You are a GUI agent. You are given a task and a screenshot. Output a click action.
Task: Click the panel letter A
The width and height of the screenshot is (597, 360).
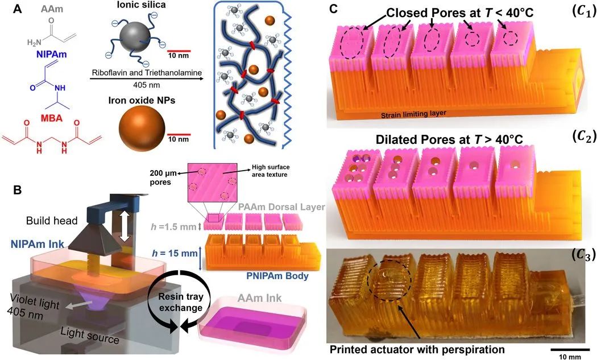(18, 9)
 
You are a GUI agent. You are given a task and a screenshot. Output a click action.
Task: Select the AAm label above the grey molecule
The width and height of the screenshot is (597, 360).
(51, 9)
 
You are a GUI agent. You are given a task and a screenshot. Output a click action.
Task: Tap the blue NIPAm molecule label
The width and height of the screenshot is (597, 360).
(51, 54)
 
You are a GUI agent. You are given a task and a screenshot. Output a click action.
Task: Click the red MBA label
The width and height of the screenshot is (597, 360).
(51, 118)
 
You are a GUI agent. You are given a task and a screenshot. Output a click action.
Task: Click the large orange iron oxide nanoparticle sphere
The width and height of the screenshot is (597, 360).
(142, 129)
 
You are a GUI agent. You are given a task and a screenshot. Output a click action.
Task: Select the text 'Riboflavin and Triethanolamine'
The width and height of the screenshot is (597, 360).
(147, 73)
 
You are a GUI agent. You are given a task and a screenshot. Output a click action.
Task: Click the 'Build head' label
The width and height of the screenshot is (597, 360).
(52, 221)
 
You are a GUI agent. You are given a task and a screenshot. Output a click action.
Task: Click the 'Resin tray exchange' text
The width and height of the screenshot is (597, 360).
(181, 301)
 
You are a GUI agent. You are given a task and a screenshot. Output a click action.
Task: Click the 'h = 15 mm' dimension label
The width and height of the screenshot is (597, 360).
(175, 253)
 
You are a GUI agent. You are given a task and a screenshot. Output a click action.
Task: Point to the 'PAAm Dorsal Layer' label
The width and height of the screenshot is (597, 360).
(282, 207)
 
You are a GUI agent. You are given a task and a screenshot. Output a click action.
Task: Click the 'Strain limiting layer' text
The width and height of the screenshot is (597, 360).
(413, 113)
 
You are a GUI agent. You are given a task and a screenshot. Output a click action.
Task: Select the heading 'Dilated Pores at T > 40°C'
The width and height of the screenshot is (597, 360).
(449, 139)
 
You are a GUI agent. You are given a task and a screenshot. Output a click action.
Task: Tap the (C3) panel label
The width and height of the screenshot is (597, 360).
(584, 256)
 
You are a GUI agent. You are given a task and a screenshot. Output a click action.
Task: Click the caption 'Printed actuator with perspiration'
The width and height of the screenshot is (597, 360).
(417, 349)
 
